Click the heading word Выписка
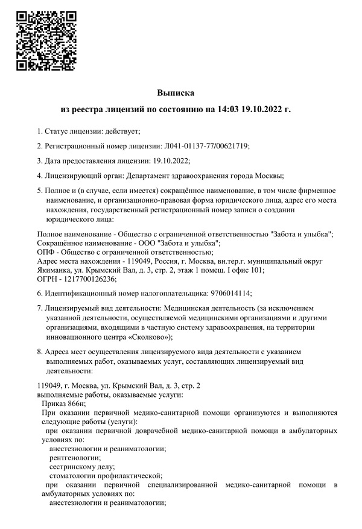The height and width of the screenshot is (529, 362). (x=176, y=93)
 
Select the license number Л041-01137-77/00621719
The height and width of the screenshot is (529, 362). (x=206, y=145)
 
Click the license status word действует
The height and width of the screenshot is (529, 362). (x=122, y=131)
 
